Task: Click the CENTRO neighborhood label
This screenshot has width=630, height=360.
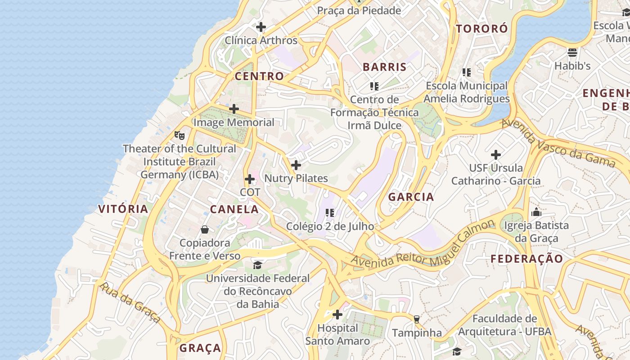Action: click(x=259, y=76)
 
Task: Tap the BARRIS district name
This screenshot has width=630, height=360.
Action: click(x=384, y=67)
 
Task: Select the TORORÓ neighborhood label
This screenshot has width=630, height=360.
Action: click(x=482, y=29)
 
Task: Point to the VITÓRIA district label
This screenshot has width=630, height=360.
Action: click(x=123, y=209)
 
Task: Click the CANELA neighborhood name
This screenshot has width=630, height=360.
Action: click(x=234, y=209)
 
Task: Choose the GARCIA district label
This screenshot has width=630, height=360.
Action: click(x=411, y=197)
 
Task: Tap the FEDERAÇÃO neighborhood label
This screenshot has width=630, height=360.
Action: click(x=526, y=259)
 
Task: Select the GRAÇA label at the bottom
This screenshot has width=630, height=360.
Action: click(x=200, y=348)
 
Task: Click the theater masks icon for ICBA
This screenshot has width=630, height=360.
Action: click(x=179, y=135)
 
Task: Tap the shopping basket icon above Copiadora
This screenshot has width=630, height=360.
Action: click(x=205, y=229)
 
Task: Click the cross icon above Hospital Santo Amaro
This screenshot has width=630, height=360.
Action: click(x=337, y=314)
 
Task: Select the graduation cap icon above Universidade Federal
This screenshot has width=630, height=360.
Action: click(x=257, y=265)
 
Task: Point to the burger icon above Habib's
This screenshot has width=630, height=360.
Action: click(x=572, y=53)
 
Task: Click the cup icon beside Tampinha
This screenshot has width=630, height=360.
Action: click(x=417, y=319)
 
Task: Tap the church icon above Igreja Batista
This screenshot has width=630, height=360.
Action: click(x=536, y=212)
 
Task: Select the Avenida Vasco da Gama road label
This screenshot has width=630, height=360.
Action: click(x=558, y=143)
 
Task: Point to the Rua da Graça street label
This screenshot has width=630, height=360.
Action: click(x=130, y=303)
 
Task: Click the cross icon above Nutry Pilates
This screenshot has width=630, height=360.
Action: click(x=296, y=165)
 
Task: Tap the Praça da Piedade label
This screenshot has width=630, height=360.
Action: click(x=359, y=10)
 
